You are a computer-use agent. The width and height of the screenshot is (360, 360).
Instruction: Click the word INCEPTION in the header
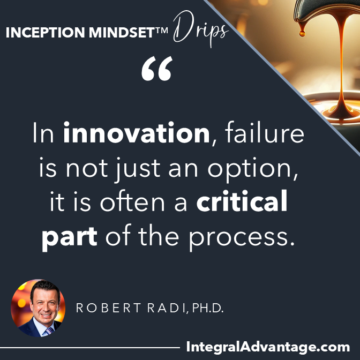coord(46,32)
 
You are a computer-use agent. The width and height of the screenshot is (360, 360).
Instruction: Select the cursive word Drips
coord(201,29)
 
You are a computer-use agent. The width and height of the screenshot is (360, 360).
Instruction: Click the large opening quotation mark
coord(157,68)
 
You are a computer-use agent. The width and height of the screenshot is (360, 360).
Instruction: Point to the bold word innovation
coord(137,133)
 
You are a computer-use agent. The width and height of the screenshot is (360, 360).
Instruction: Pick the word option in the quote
coord(252,169)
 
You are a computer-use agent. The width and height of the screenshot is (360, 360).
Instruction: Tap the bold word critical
coord(242,201)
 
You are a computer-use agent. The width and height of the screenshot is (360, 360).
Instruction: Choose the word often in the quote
coord(132,200)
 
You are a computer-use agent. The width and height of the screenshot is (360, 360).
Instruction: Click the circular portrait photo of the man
coord(38,308)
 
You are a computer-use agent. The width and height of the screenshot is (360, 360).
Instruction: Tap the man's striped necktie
coord(49,331)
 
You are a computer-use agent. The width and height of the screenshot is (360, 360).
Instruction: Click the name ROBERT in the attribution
coord(108,308)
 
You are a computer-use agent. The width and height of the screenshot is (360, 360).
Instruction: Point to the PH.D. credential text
coord(208,308)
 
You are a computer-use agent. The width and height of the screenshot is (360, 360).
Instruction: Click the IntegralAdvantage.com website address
coord(268,347)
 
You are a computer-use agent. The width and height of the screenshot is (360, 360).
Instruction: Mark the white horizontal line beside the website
coord(90,348)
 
